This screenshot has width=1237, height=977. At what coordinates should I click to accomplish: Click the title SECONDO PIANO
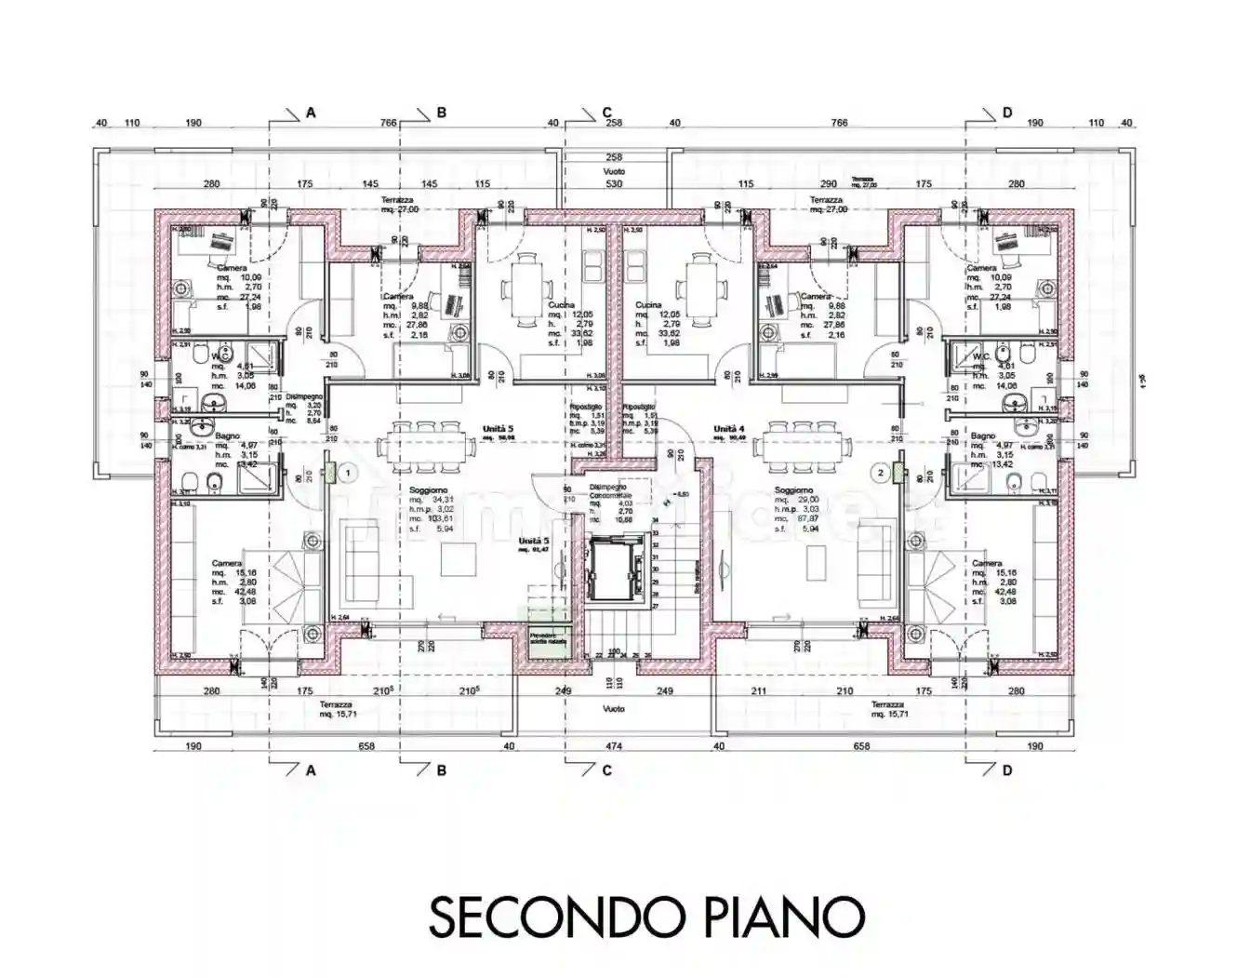(x=646, y=917)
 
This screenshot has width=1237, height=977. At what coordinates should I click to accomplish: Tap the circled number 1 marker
(x=347, y=473)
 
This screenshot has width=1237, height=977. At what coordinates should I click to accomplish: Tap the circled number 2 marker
(x=880, y=473)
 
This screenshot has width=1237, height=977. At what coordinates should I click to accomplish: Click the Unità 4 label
(x=730, y=430)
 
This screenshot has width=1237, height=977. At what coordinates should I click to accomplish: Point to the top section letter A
(x=311, y=113)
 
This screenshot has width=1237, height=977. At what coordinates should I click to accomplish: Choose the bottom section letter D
(x=1006, y=770)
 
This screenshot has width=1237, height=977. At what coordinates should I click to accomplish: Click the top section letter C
(x=606, y=113)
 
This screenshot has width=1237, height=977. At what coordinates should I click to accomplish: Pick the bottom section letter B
(x=441, y=770)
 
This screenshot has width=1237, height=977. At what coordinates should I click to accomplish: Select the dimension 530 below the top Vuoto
(x=614, y=184)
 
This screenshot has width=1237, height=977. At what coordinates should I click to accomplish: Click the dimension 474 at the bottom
(x=614, y=746)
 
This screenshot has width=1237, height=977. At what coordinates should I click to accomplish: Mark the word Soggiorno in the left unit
(x=428, y=490)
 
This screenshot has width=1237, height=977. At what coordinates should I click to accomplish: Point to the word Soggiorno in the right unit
(x=793, y=490)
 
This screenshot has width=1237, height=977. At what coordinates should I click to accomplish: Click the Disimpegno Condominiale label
(x=607, y=490)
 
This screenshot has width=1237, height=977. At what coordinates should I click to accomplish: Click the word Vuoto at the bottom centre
(x=613, y=709)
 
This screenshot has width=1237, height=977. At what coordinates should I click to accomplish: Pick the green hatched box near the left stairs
(x=549, y=641)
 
